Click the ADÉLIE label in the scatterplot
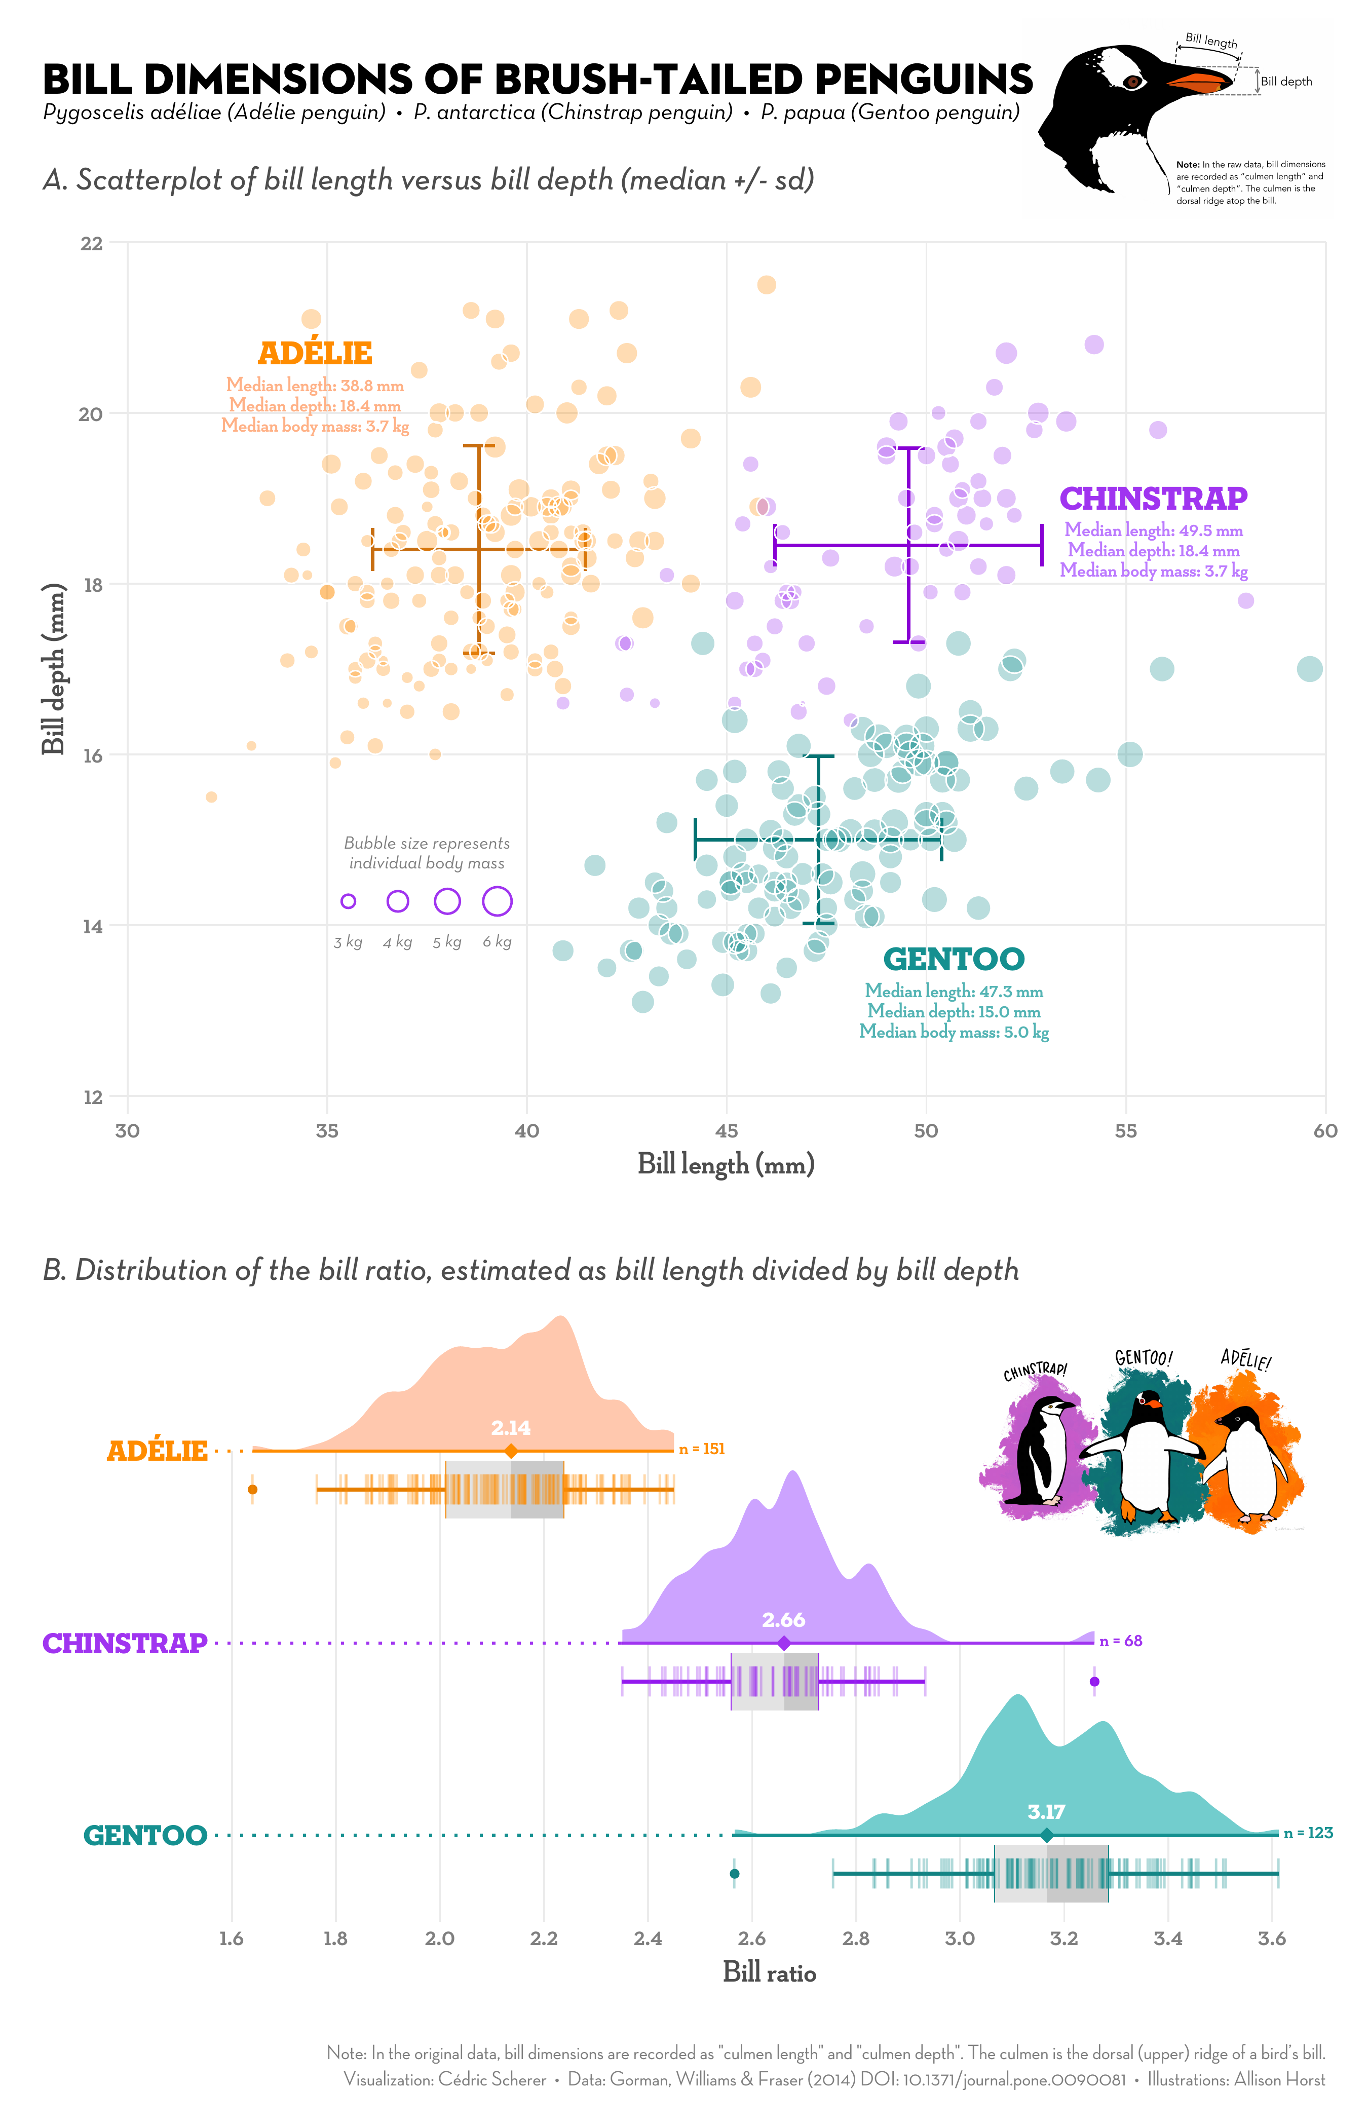point(315,354)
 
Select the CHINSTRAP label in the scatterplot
point(1153,499)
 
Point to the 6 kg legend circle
point(498,901)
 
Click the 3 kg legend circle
point(348,901)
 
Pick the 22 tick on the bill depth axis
point(92,243)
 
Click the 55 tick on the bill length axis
point(1125,1130)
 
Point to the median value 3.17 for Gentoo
point(1046,1812)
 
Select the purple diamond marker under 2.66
point(783,1644)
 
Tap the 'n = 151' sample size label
point(702,1450)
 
